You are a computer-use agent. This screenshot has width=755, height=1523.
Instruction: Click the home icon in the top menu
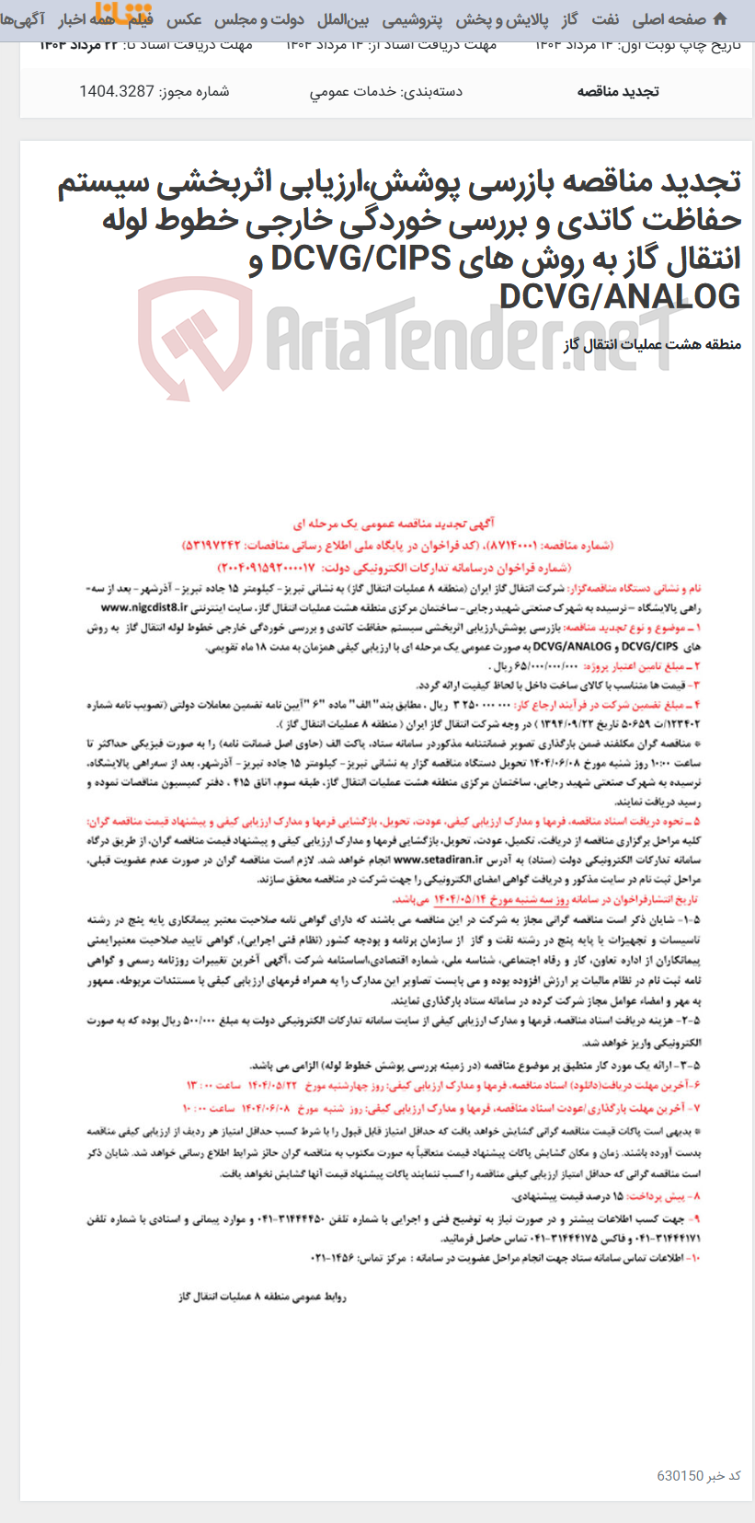click(x=720, y=19)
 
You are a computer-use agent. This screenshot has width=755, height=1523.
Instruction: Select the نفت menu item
click(x=605, y=19)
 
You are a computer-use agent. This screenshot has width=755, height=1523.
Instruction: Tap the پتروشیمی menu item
click(x=412, y=19)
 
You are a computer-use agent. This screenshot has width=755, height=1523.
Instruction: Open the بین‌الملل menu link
click(x=343, y=19)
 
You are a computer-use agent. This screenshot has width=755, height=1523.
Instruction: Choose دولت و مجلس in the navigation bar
click(x=259, y=19)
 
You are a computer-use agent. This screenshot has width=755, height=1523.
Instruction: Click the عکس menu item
click(x=184, y=19)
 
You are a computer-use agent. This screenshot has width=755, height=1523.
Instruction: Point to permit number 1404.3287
click(x=154, y=91)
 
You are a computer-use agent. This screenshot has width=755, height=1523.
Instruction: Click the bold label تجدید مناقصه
click(x=618, y=91)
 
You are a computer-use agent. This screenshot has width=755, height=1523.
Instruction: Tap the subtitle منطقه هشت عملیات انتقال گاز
click(x=652, y=344)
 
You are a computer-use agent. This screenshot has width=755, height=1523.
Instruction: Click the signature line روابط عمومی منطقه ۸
click(x=262, y=1297)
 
